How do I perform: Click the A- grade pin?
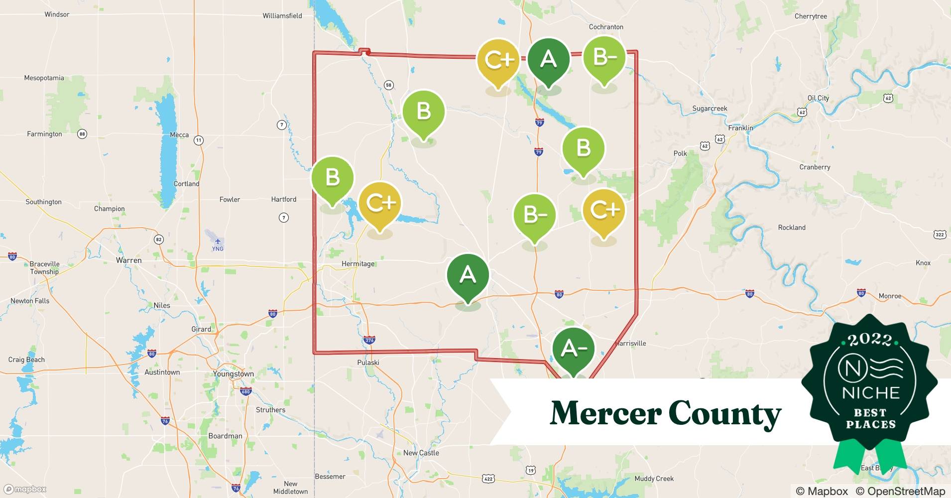pyautogui.click(x=574, y=349)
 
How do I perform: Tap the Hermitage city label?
pyautogui.click(x=358, y=264)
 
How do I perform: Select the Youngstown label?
pyautogui.click(x=233, y=374)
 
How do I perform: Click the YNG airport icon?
pyautogui.click(x=218, y=242)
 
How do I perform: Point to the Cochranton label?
pyautogui.click(x=606, y=27)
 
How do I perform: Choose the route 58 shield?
pyautogui.click(x=389, y=85)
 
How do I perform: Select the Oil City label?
pyautogui.click(x=818, y=98)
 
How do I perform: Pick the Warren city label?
pyautogui.click(x=128, y=260)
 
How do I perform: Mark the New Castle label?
pyautogui.click(x=421, y=453)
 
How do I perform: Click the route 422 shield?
pyautogui.click(x=488, y=479)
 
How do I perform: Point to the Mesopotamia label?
pyautogui.click(x=44, y=78)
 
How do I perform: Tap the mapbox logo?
pyautogui.click(x=25, y=489)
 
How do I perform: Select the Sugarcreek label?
pyautogui.click(x=710, y=109)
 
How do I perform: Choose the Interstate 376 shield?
pyautogui.click(x=369, y=341)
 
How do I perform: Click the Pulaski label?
pyautogui.click(x=368, y=363)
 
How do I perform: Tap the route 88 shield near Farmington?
pyautogui.click(x=82, y=134)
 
